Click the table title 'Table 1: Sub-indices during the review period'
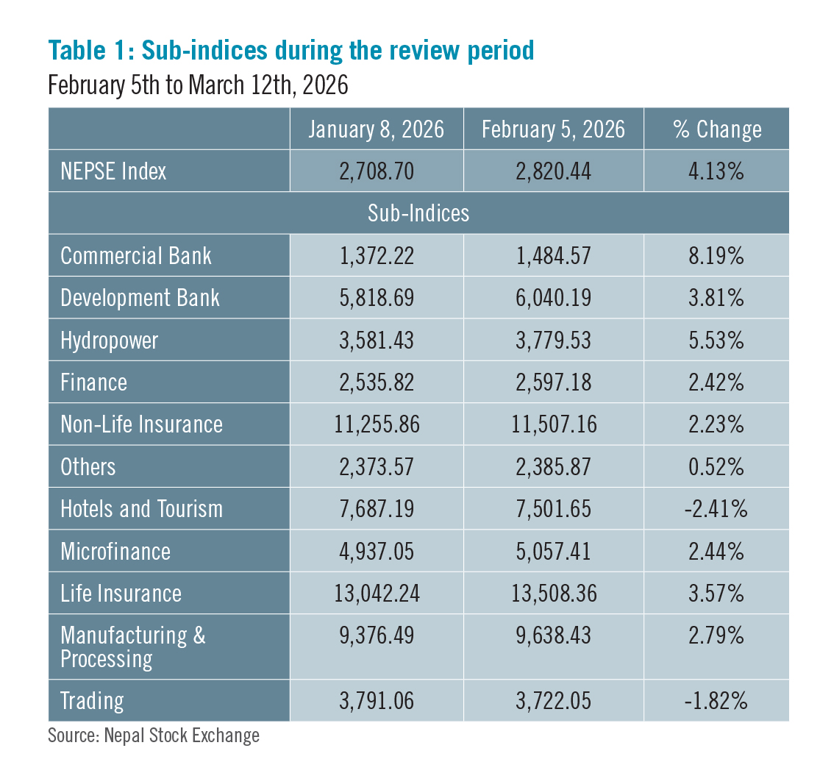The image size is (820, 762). coord(290,51)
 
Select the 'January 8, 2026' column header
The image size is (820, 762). coord(376,129)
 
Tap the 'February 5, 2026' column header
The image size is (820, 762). coord(553,129)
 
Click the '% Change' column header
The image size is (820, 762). coord(716,129)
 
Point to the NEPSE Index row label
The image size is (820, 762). coord(113,171)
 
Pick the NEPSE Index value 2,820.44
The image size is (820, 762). coord(553,171)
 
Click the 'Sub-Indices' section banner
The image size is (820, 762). coord(418,213)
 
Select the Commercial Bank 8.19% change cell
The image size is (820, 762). coord(716,256)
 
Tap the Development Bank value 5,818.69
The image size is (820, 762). coord(376,298)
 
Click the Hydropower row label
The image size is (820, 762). coord(109,341)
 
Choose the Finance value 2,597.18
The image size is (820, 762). coord(553,382)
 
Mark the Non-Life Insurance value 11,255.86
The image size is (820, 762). coord(376,424)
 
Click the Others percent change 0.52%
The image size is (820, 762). coord(716,466)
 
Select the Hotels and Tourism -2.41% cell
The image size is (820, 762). coord(716,509)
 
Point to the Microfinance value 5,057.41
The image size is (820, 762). coord(553,551)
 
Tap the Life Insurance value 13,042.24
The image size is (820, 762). coord(376,594)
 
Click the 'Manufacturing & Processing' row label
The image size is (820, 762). coord(132,647)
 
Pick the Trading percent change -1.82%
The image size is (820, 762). coord(716,701)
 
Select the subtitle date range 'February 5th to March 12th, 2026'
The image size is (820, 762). coord(198,85)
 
